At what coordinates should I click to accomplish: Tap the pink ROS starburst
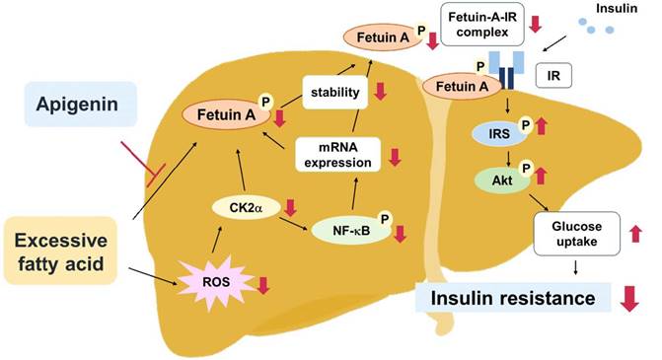216,284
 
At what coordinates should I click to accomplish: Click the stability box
332,96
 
